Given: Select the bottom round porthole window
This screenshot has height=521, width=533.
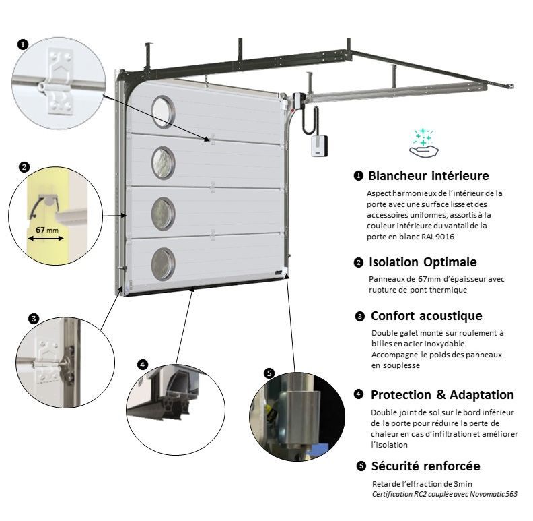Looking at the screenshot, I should click(x=162, y=263).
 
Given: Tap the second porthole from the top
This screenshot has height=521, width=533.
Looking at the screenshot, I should click(x=162, y=159).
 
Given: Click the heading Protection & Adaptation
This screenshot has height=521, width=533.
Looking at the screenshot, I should click(x=442, y=395).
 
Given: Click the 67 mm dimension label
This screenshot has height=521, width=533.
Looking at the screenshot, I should click(x=45, y=230).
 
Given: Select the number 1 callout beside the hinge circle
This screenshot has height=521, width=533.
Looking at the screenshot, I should click(x=23, y=44).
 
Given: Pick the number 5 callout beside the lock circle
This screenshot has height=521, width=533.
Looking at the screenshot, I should click(x=269, y=373).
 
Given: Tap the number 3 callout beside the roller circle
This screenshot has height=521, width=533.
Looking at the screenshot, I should click(x=34, y=319).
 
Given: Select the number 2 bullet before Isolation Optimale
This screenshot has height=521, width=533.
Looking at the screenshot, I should click(x=359, y=262).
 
